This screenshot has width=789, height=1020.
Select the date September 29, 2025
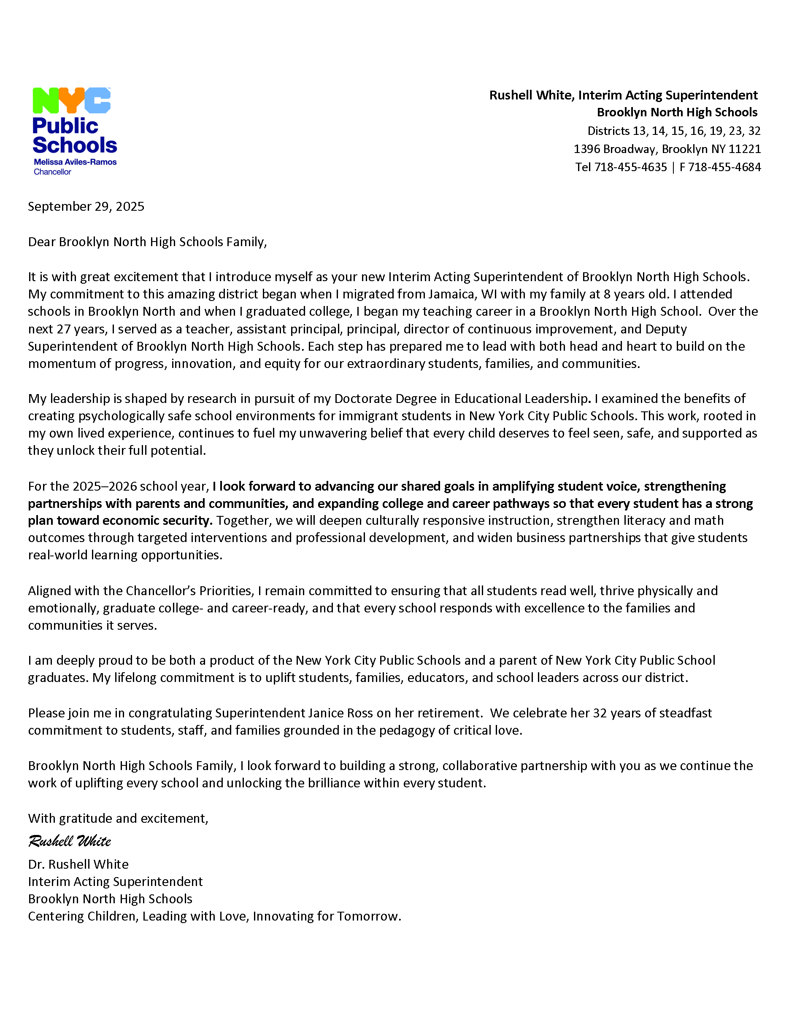(x=86, y=207)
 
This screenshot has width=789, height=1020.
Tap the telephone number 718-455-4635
(x=630, y=167)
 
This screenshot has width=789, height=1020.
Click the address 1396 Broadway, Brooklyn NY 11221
(x=667, y=149)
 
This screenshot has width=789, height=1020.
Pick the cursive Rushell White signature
(x=70, y=841)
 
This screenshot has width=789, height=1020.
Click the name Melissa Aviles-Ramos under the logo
(x=75, y=162)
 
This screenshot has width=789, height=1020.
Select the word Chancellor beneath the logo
(x=52, y=172)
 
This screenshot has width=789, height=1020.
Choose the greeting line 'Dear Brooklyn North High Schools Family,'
(x=147, y=242)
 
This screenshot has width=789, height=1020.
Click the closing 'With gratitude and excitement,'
(x=118, y=818)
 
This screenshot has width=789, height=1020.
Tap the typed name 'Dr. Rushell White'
(x=78, y=864)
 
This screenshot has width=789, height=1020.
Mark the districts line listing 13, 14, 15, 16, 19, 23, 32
(x=673, y=131)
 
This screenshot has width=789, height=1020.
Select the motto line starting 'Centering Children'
(x=214, y=916)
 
